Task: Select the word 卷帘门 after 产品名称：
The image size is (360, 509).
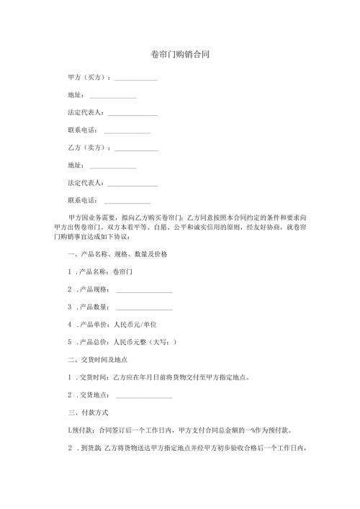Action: [125, 273]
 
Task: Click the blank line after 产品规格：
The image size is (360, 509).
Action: [144, 292]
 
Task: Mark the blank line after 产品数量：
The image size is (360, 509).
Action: [144, 309]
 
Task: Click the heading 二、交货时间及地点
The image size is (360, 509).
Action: [96, 360]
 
